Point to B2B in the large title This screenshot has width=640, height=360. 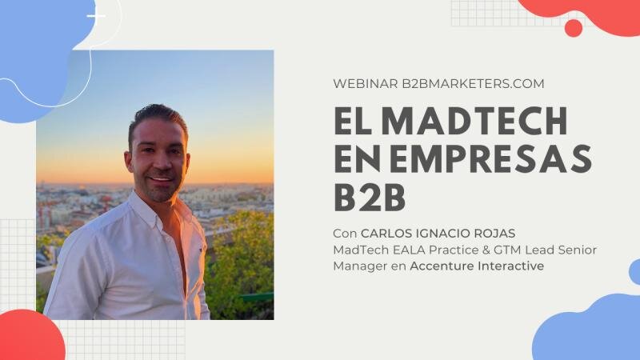click(x=370, y=197)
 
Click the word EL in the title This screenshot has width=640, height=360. click(x=352, y=122)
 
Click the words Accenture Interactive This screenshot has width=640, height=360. click(x=476, y=266)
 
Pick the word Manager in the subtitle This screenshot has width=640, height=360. click(x=358, y=266)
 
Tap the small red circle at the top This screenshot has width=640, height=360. click(x=573, y=28)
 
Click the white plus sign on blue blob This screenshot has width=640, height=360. click(x=96, y=16)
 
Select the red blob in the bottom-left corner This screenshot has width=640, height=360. click(x=28, y=336)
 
